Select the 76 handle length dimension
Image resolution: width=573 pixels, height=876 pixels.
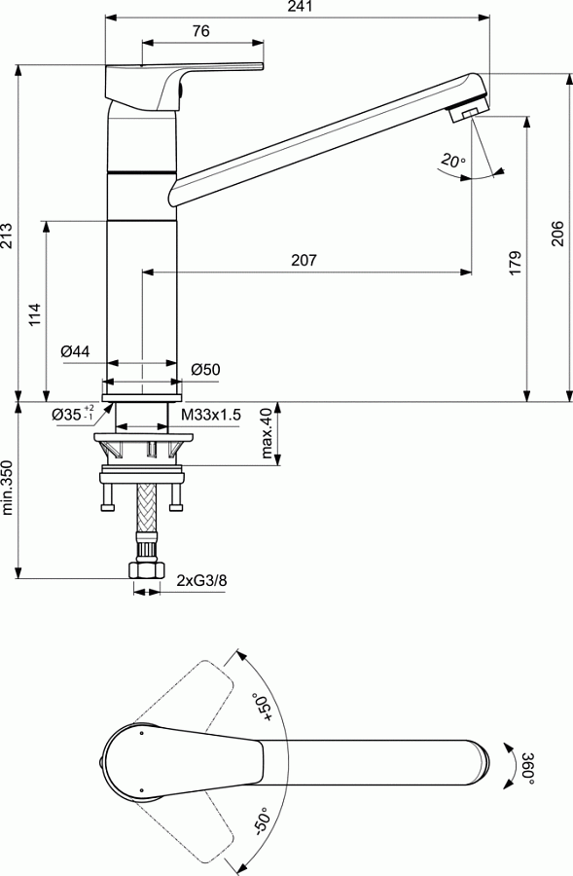[x=201, y=31]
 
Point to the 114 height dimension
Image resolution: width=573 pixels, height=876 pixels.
[x=35, y=312]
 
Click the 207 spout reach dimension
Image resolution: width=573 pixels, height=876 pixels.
[x=304, y=261]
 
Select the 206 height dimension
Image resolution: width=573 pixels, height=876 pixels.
[x=557, y=235]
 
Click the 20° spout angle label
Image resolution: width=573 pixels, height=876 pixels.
[x=452, y=161]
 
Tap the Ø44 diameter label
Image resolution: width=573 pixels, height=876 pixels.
[x=75, y=350]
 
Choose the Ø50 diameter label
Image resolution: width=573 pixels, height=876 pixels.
[x=205, y=369]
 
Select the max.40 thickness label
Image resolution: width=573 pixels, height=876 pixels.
[x=266, y=432]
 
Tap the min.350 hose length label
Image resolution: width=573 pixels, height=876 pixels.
[x=9, y=487]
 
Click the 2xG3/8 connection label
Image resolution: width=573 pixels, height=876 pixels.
[x=202, y=581]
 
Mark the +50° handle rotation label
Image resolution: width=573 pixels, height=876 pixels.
[x=261, y=705]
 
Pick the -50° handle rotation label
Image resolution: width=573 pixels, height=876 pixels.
[x=261, y=822]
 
